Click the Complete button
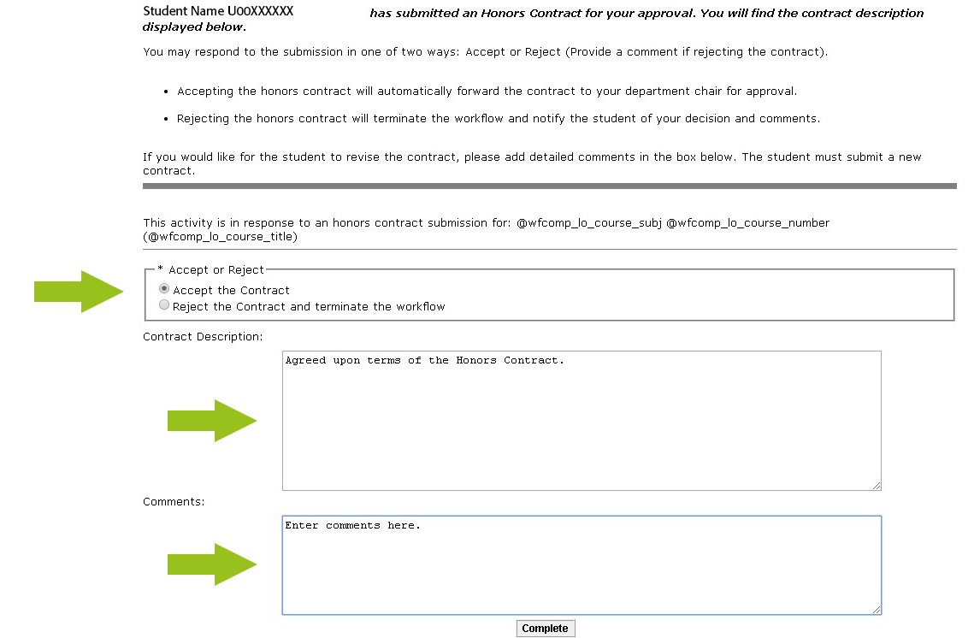coord(545,629)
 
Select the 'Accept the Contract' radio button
coord(165,290)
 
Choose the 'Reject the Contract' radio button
coord(165,305)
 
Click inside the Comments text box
coord(582,565)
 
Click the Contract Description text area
coord(582,420)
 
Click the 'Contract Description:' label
coord(203,337)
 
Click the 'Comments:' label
coord(174,502)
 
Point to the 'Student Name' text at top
coord(183,12)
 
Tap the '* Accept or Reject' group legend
coord(211,269)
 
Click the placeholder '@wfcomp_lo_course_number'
coord(747,223)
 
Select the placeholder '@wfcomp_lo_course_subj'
coord(589,223)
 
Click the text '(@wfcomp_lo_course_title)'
coord(220,237)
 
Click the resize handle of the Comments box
coord(877,610)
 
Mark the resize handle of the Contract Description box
coord(877,486)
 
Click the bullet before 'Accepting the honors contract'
coord(166,92)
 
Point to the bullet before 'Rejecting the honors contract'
coord(166,119)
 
